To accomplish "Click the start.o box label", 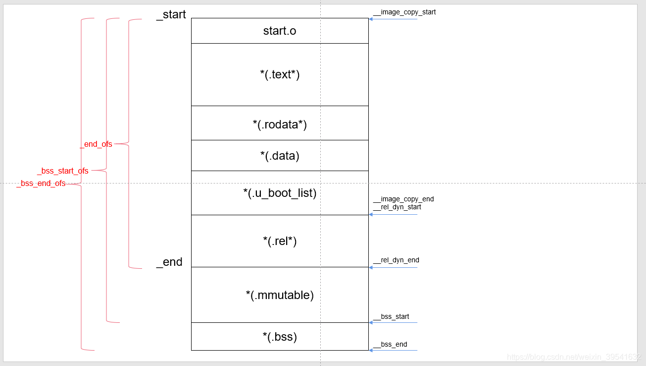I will click(280, 31).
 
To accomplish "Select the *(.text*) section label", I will click(280, 74).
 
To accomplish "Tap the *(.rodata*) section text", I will click(280, 124).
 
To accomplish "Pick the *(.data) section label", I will click(280, 156).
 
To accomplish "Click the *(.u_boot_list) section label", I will click(280, 193).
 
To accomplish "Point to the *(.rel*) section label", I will click(280, 241).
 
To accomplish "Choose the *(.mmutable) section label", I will click(280, 295).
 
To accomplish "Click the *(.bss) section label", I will click(280, 337).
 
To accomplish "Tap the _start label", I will click(171, 15).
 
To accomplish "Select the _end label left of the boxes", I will click(169, 262).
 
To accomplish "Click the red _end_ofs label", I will click(96, 144).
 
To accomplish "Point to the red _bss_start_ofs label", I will click(63, 171).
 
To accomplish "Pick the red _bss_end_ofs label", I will click(41, 183).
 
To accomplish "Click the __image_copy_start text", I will click(404, 12).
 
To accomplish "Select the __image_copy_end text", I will click(403, 199).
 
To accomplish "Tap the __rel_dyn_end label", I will click(396, 260).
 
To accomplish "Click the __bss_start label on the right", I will click(391, 316).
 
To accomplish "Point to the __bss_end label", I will click(390, 344).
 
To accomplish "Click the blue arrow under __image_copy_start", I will click(393, 19).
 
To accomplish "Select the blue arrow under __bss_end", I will click(393, 350).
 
